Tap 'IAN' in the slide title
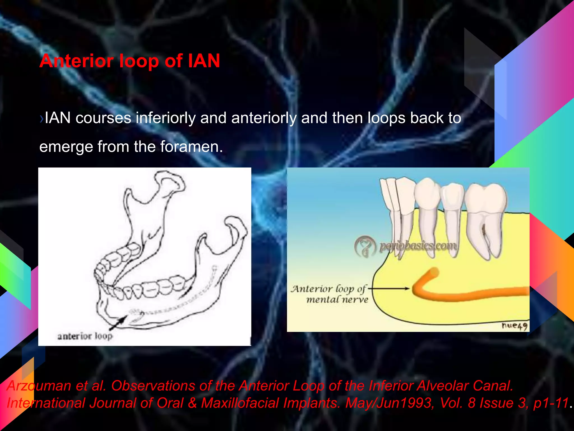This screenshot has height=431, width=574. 204,61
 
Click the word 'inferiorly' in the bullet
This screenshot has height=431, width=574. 166,118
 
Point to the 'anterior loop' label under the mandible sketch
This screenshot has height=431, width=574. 85,336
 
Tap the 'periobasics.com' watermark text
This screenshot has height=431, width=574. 418,246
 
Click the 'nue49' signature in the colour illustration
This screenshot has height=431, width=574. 514,326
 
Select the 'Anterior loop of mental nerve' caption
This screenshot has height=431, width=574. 329,294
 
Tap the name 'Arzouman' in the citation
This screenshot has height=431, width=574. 39,386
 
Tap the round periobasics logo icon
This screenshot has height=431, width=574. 365,246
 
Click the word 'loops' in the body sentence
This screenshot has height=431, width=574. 386,118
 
